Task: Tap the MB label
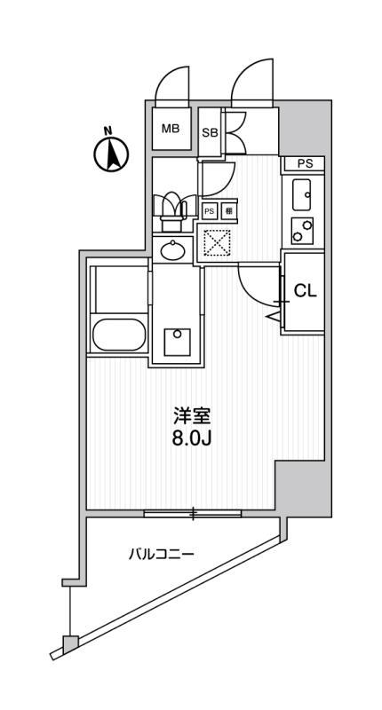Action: coord(171,130)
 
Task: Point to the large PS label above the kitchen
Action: coord(305,163)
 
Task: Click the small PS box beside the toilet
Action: coord(210,210)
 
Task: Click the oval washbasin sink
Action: coord(172,250)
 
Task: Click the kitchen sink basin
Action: coord(301,192)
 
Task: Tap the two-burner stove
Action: coord(302,230)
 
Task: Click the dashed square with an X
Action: coord(217,241)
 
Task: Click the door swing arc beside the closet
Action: coord(252,286)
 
